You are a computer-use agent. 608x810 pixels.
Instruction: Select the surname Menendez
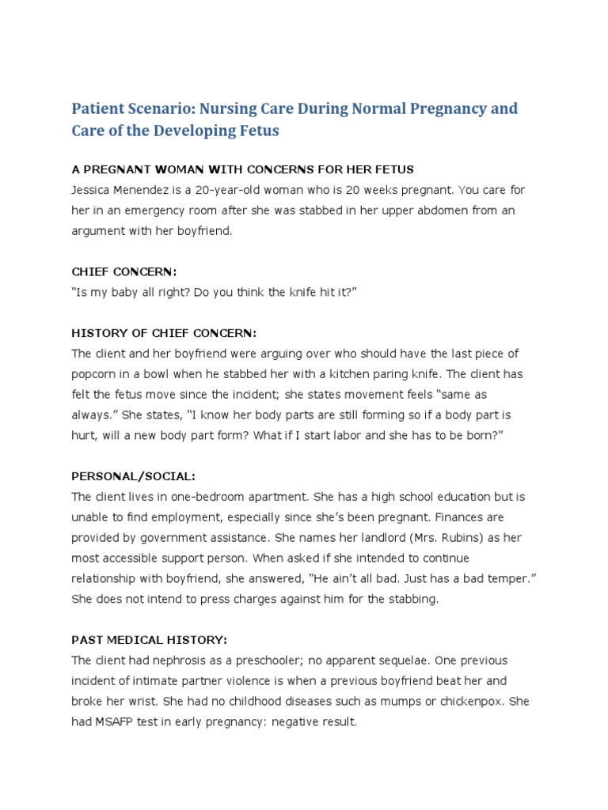(154, 191)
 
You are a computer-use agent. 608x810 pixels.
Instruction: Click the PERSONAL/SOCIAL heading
(133, 477)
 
